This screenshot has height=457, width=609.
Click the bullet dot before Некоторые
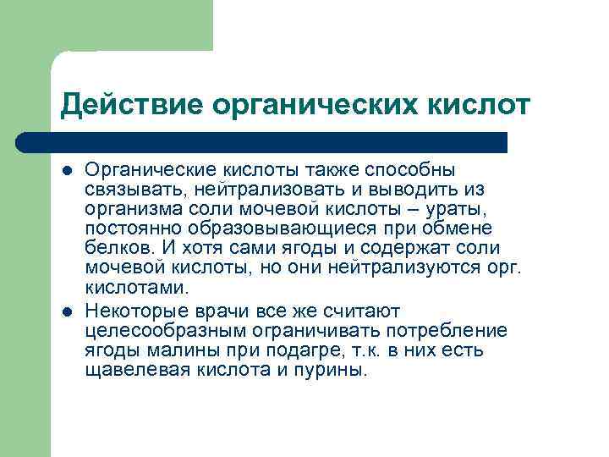click(67, 311)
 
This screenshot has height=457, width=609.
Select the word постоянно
click(130, 228)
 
